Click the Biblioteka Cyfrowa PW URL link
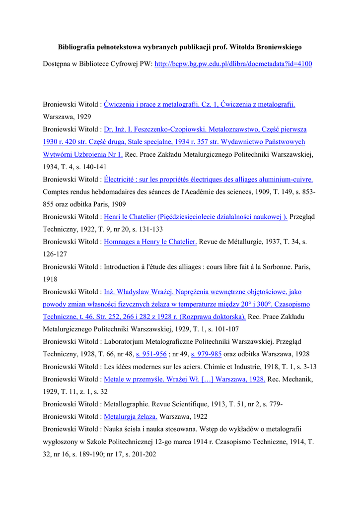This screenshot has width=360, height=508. click(233, 64)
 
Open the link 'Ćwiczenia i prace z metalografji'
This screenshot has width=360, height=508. click(199, 104)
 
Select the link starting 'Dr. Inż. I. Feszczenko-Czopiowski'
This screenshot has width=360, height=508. click(205, 129)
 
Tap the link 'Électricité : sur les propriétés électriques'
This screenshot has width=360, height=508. click(208, 179)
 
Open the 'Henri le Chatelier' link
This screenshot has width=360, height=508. click(195, 217)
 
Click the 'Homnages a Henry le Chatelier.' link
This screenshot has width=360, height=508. click(150, 242)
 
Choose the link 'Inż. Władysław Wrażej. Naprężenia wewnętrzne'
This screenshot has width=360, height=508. click(202, 292)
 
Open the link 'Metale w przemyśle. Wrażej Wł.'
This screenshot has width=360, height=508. click(184, 379)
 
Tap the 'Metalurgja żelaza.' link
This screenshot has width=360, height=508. click(130, 417)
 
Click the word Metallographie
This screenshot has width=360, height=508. click(126, 404)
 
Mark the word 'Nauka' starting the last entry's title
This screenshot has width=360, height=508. click(114, 429)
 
